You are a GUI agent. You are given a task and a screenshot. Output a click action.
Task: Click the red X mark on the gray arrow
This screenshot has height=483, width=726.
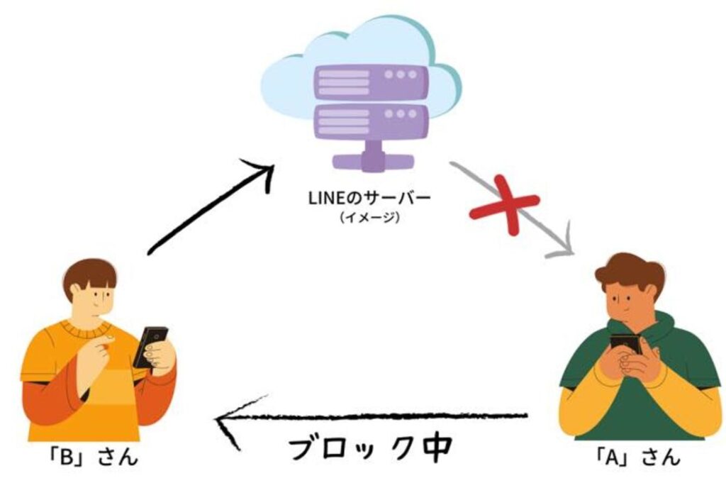click(x=505, y=205)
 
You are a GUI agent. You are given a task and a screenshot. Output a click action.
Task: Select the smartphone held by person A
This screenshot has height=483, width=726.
click(x=625, y=345)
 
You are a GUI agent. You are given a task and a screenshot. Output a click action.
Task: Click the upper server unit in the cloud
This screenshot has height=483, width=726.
click(x=372, y=82)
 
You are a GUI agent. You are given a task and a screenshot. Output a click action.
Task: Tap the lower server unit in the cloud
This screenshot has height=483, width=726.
click(x=372, y=121)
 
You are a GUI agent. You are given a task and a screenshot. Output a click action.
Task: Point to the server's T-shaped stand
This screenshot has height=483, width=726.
click(x=372, y=157)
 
